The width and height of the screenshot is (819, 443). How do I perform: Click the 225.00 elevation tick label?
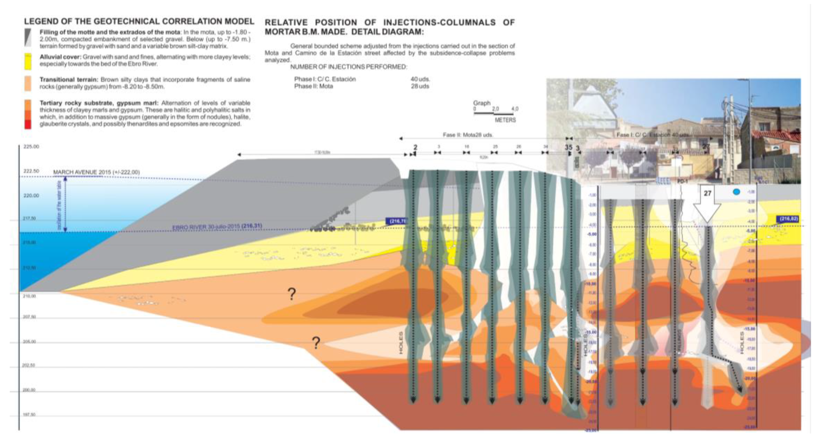pos(31,146)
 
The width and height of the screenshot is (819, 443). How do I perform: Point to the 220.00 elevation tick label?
pos(31,195)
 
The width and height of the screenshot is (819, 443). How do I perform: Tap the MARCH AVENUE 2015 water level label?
pos(96,172)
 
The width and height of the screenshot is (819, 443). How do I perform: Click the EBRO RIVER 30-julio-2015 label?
pos(217,226)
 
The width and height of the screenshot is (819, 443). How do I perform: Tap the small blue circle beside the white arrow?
pos(736,192)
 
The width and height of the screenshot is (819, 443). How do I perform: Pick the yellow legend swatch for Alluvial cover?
pos(28,62)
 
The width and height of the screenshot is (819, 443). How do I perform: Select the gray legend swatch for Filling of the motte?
pos(28,38)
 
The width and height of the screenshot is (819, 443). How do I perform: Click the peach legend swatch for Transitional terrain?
pos(28,83)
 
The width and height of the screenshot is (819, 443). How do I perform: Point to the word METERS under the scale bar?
pos(505,120)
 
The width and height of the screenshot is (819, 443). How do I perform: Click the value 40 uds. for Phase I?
pos(420,79)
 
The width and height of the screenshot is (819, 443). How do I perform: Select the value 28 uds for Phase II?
pos(420,86)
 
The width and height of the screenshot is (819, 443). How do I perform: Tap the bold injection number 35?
pos(569,147)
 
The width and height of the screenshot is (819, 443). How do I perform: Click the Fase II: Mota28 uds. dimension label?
pos(468,135)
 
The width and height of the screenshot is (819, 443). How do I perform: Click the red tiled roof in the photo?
pos(775,136)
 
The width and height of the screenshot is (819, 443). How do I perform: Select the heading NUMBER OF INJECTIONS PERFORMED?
pos(349,67)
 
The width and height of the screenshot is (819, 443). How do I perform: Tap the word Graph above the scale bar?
pos(481,103)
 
